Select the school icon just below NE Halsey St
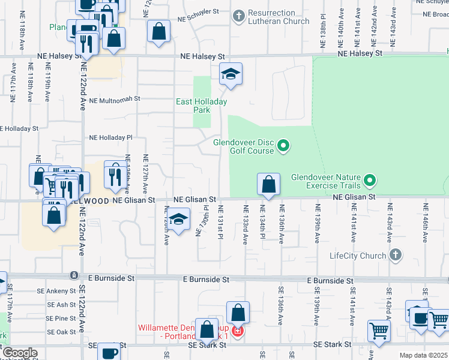pos(231,74)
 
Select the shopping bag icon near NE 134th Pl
pos(269,184)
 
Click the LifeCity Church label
pos(358,256)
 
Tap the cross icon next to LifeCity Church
pos(395,256)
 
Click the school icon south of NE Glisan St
pos(178,220)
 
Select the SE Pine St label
pos(61,318)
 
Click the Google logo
pos(20,353)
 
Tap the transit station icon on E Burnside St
pos(73,275)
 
